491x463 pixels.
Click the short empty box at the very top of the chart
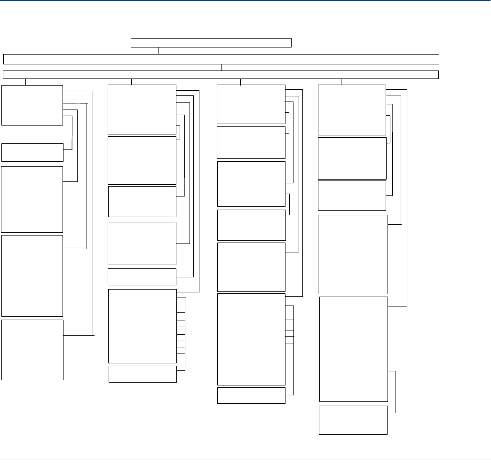point(211,43)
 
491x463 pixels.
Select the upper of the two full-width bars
point(221,59)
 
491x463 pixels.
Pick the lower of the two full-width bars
point(221,75)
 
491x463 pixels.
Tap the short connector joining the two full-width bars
point(221,67)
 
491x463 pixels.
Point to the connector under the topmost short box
point(158,51)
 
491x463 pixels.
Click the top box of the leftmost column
point(32,105)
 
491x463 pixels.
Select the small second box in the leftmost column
point(32,152)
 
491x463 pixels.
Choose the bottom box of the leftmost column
point(32,350)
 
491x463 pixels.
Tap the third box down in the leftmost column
point(32,199)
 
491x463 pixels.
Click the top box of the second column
point(142,110)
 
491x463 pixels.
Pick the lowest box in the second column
point(143,374)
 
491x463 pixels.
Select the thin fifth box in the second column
point(142,277)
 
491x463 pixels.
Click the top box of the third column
point(251,104)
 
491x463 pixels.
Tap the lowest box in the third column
point(251,395)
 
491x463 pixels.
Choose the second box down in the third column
point(251,142)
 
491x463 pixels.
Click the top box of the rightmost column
point(352,110)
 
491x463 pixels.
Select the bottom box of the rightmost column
point(353,420)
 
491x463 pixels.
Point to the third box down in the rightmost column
point(352,196)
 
